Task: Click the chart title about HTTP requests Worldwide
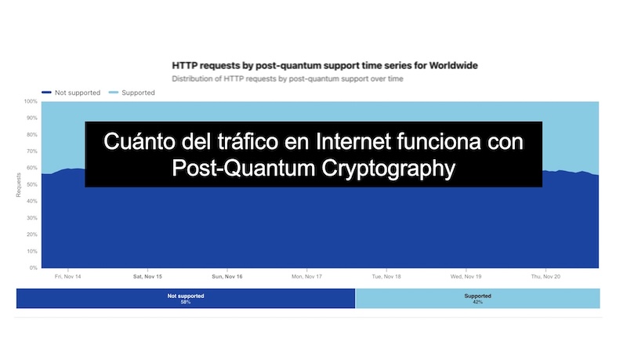(324, 64)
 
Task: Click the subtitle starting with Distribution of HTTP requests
(287, 79)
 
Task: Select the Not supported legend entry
(71, 93)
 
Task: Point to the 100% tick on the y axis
(31, 101)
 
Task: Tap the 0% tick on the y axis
(32, 268)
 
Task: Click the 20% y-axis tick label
(31, 235)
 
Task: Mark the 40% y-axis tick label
(31, 202)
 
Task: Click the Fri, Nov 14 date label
(69, 277)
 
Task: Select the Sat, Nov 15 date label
(147, 277)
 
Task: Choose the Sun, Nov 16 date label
(227, 277)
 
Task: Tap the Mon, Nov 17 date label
(306, 277)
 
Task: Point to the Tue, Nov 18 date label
(386, 277)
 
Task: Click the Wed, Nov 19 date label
(466, 277)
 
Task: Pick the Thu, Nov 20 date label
(546, 277)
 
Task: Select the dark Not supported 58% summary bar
(186, 298)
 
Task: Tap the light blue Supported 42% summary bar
(477, 298)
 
